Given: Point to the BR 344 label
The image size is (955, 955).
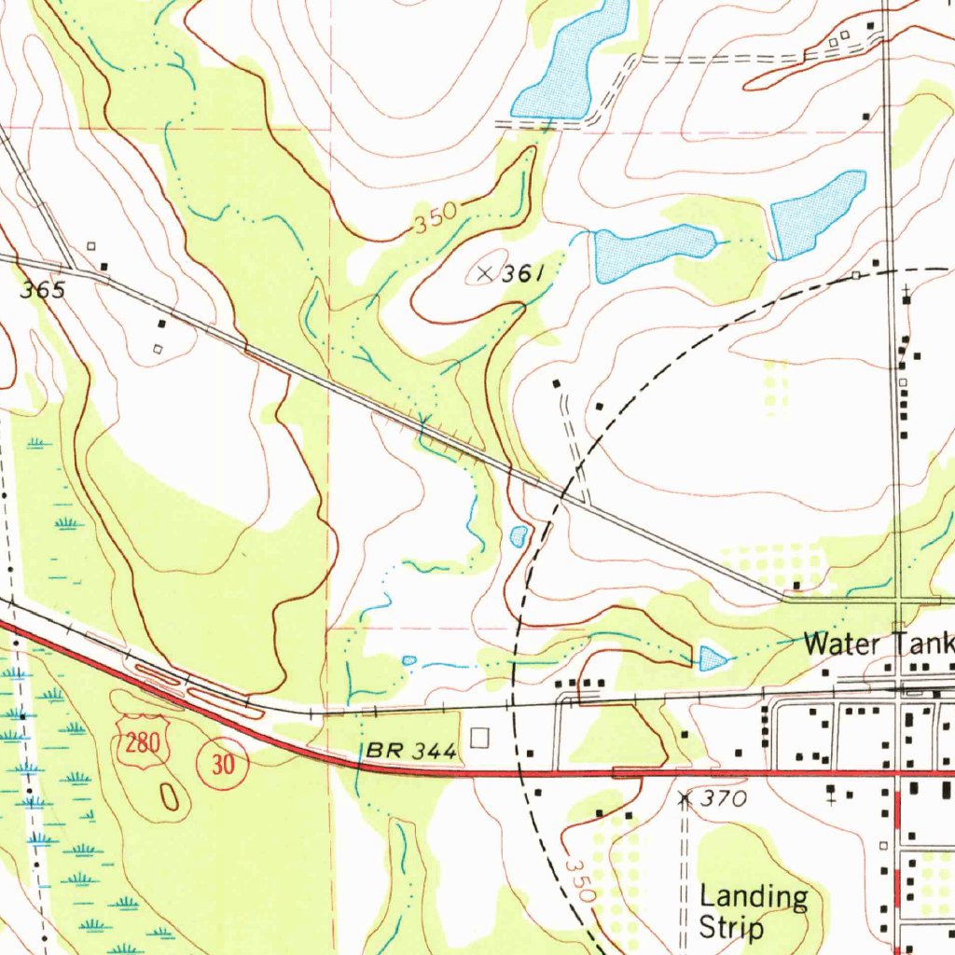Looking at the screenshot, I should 411,750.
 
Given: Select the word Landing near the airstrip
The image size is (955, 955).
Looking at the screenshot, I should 754,898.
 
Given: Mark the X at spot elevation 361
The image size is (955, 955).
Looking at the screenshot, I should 483,273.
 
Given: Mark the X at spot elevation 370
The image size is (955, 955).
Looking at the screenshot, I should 685,798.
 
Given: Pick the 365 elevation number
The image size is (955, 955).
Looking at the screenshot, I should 43,291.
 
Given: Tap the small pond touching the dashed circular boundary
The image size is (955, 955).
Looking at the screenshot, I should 519,535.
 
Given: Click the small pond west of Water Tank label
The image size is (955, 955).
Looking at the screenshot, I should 713,658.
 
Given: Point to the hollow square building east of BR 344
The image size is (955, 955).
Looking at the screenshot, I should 479,739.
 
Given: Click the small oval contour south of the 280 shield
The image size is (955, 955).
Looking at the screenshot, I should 169,796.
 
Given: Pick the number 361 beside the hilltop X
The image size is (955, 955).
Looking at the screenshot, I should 523,274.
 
